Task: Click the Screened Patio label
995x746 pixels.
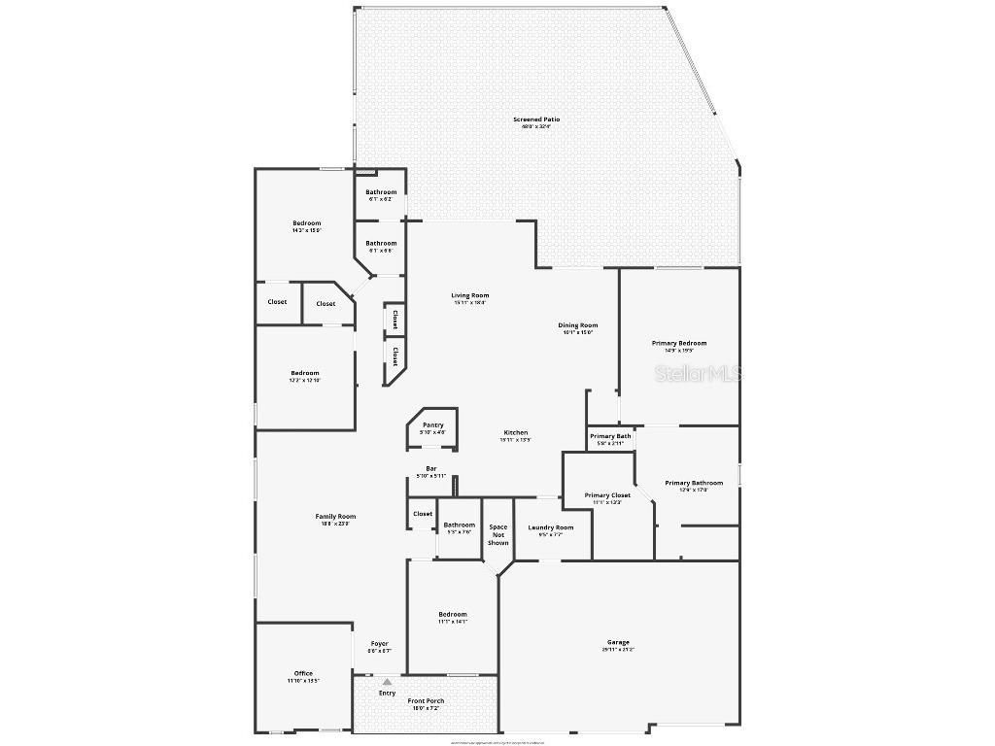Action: pos(536,119)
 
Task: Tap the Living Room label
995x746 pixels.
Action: pos(470,295)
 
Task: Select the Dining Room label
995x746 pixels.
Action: pos(577,325)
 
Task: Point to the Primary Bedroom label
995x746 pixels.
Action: pos(679,343)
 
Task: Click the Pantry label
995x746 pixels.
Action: pos(432,424)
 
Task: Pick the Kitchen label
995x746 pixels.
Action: pos(515,432)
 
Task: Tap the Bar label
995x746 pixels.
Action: pos(431,468)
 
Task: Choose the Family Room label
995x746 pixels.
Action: pos(335,517)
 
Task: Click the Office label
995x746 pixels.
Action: pos(303,673)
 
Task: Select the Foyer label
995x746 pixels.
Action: pos(380,644)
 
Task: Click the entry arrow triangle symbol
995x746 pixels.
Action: pos(387,682)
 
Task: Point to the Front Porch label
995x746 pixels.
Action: pos(427,701)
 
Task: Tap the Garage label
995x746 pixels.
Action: pos(618,642)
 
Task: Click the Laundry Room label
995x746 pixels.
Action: pos(551,527)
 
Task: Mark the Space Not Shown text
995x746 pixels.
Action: pos(498,535)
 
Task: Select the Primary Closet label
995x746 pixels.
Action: pos(607,495)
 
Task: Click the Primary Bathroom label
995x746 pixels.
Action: pos(694,483)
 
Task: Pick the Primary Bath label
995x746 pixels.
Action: pos(610,436)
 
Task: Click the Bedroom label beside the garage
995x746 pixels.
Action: pos(453,614)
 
